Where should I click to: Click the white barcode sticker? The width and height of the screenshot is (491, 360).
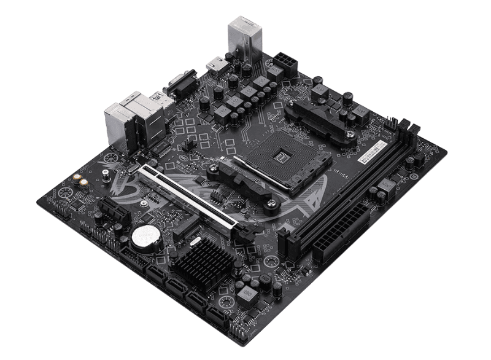(373, 150)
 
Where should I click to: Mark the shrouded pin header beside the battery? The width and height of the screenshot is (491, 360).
(130, 255)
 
